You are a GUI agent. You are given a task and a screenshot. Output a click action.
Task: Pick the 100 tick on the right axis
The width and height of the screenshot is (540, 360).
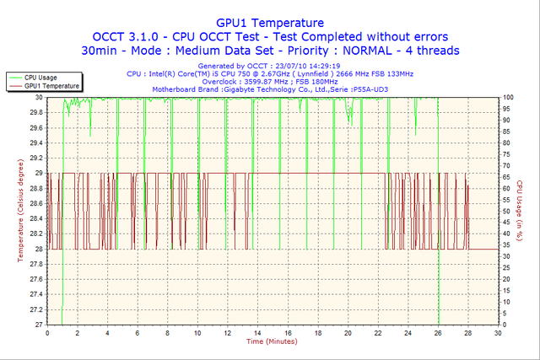[x=509, y=97]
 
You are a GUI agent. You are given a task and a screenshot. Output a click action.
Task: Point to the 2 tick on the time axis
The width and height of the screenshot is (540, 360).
[x=78, y=334]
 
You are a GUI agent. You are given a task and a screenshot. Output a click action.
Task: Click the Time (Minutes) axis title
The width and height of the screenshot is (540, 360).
[x=271, y=342]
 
